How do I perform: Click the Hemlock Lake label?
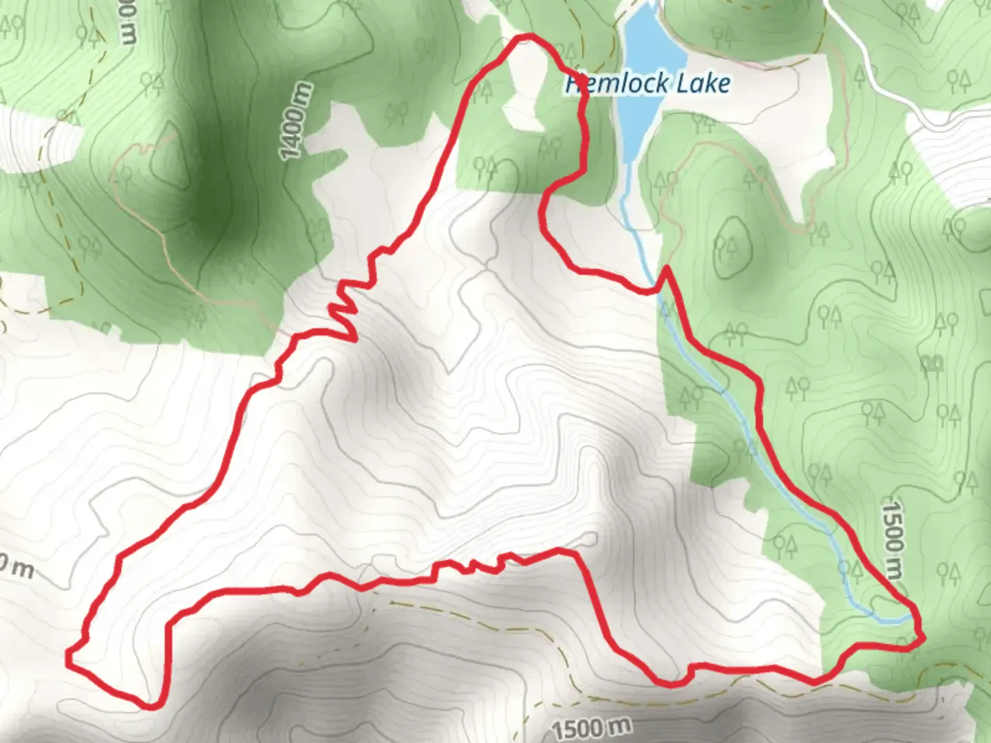[648, 84]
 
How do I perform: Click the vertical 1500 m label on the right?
[893, 540]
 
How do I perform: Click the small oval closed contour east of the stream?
[730, 248]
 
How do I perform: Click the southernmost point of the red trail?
[153, 705]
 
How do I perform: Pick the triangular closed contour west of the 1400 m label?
[166, 158]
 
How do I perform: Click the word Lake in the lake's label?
[703, 84]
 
